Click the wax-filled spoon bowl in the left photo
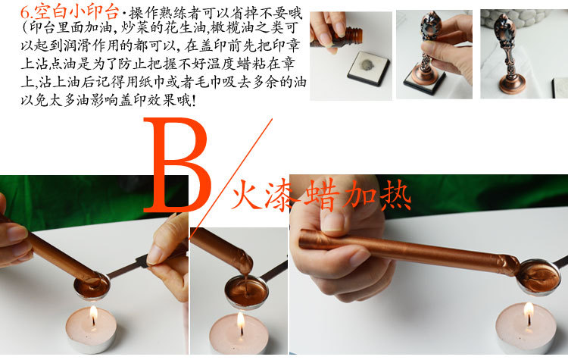point(92,286)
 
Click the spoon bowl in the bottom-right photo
point(536,276)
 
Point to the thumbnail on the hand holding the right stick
point(335,221)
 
